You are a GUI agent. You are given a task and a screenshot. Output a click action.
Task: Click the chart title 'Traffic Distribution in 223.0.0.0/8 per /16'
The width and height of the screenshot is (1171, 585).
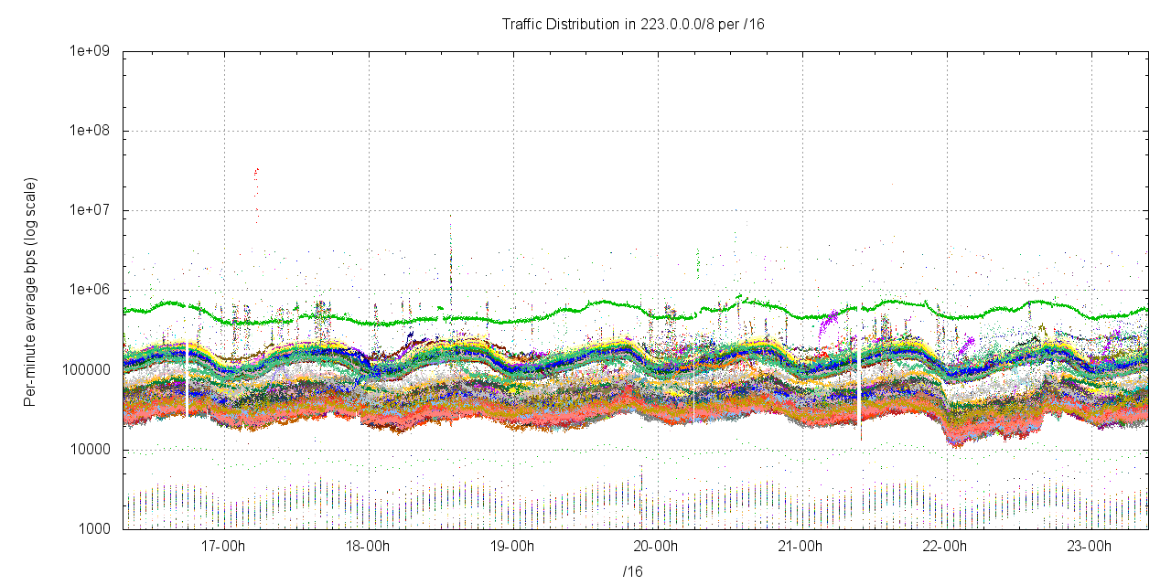click(633, 24)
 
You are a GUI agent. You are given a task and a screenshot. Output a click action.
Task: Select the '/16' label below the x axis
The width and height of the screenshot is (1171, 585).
click(633, 571)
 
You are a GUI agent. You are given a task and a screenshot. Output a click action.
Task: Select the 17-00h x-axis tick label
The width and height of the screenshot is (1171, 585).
click(223, 547)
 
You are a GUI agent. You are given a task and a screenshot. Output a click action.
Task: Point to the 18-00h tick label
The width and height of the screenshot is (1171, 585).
click(368, 547)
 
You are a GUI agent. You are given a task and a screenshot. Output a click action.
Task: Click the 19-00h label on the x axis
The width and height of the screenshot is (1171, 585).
click(512, 547)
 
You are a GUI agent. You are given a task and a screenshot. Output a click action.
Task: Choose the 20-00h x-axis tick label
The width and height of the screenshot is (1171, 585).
click(657, 547)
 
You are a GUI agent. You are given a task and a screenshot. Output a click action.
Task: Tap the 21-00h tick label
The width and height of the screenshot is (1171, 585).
click(801, 547)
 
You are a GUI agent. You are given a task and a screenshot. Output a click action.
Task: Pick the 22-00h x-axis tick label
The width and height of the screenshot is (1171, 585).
click(946, 547)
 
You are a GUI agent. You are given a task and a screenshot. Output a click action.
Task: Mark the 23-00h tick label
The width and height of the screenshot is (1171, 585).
click(1090, 547)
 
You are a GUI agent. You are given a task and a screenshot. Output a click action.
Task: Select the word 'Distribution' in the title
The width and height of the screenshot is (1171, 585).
click(582, 24)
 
